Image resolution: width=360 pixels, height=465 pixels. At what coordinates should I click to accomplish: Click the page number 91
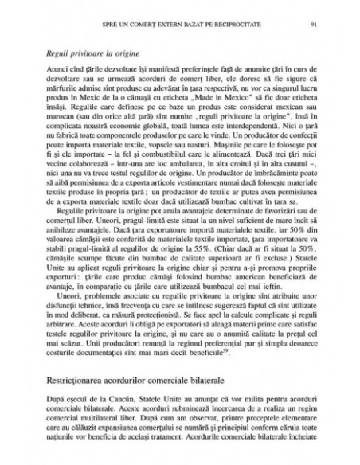tap(316, 14)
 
